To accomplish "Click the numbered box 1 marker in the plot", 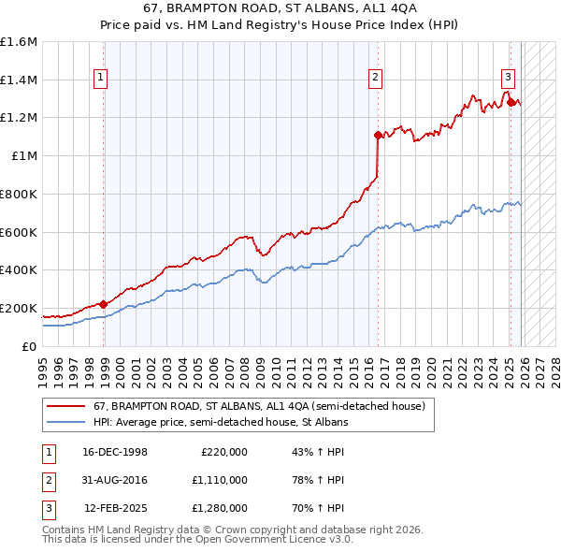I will point(100,79).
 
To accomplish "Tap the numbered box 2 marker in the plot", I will point(375,79).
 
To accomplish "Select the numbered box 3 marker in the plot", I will point(508,79).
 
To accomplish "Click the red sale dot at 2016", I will point(378,135).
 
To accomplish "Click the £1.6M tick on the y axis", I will point(19,42).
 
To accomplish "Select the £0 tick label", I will point(30,346).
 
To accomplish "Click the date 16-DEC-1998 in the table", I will point(115,451).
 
